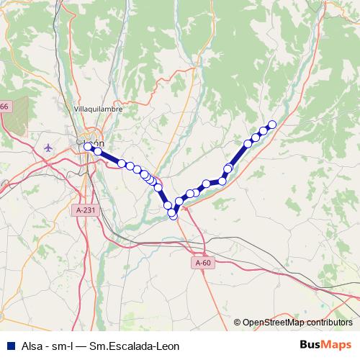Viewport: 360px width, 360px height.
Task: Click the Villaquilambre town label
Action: (x=98, y=109)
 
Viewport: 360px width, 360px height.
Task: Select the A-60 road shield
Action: (x=204, y=263)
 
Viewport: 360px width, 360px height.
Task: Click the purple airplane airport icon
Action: (x=48, y=148)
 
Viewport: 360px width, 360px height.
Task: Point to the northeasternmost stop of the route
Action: (x=272, y=124)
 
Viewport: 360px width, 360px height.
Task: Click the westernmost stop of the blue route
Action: (x=88, y=146)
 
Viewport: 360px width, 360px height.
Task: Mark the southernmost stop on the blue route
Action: (x=173, y=215)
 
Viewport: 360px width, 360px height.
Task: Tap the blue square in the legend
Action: (x=9, y=345)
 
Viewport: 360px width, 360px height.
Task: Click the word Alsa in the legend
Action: (x=32, y=345)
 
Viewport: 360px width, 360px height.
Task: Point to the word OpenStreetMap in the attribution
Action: (x=274, y=322)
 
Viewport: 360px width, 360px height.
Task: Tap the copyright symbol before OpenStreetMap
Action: (x=238, y=322)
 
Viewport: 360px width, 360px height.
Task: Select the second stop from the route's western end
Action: (x=97, y=151)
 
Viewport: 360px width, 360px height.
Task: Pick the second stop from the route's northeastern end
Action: (x=264, y=130)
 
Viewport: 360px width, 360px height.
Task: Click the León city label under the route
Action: (x=96, y=143)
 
